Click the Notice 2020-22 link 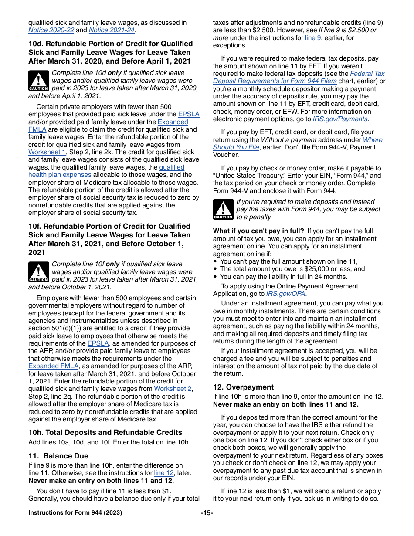click(x=51, y=30)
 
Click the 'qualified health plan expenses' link click(x=60, y=175)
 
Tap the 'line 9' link click(x=313, y=38)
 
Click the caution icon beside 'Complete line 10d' click(x=38, y=81)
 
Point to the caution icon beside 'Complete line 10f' click(x=38, y=272)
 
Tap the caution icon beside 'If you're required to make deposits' click(x=223, y=209)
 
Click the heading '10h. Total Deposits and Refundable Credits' click(x=105, y=432)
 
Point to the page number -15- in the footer click(x=207, y=512)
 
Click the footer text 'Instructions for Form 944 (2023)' click(x=75, y=512)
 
